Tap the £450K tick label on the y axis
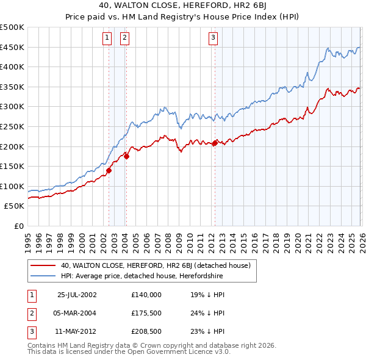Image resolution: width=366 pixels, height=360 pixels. (12, 47)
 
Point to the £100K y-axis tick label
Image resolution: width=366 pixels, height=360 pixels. (12, 186)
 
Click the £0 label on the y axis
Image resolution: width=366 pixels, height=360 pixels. (18, 226)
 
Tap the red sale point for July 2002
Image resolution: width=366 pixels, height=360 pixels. (109, 170)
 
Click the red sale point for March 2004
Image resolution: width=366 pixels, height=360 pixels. (126, 156)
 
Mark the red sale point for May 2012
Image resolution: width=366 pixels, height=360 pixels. (215, 143)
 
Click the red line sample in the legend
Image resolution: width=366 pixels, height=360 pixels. (43, 265)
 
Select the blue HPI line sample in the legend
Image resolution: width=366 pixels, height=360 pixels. (43, 276)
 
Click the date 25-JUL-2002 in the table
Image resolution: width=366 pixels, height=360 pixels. (76, 294)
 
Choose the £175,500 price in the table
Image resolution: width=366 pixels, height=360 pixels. (146, 313)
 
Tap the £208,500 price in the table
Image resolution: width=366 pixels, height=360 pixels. (146, 332)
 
